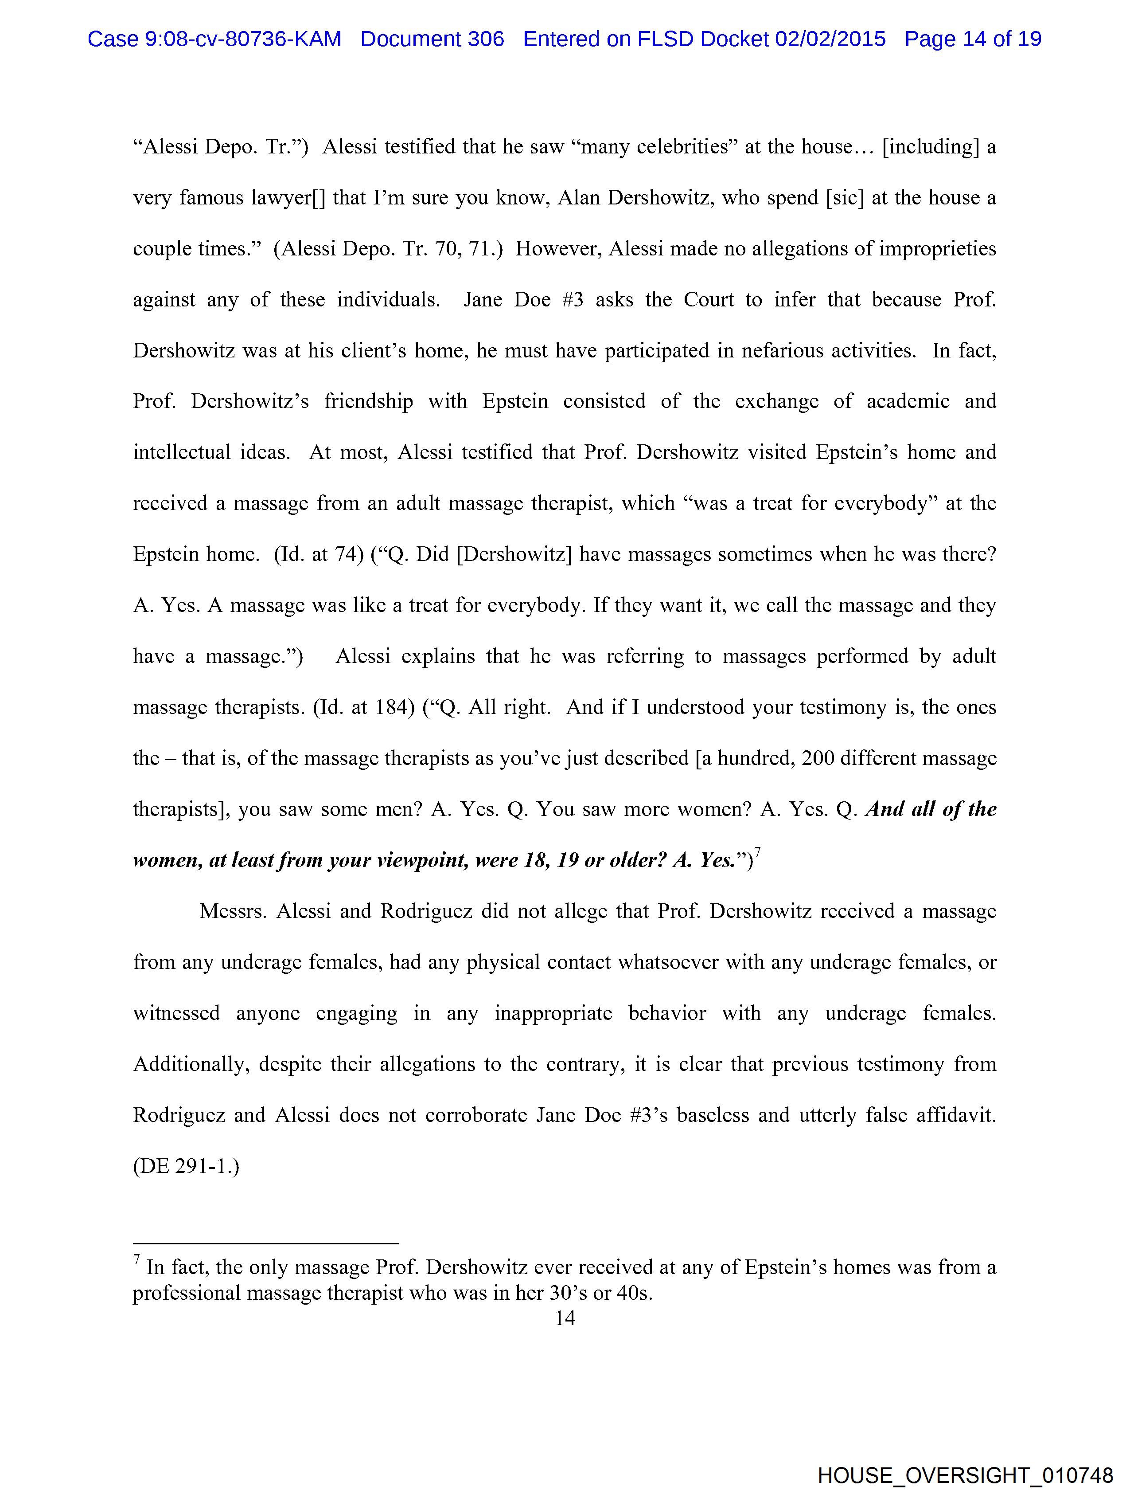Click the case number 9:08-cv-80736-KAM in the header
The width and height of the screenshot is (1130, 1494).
point(242,39)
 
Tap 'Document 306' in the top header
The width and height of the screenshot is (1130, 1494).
point(432,39)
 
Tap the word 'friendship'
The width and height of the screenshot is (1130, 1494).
point(368,401)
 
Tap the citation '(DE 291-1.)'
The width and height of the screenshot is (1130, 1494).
point(186,1166)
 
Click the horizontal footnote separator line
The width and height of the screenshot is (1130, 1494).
point(265,1243)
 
